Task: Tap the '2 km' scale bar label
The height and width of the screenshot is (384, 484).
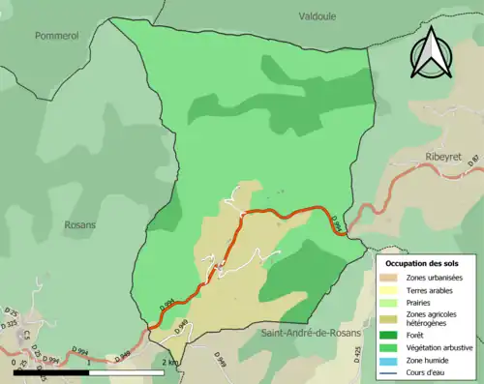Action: pyautogui.click(x=170, y=362)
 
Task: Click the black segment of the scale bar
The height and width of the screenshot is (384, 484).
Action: pyautogui.click(x=50, y=371)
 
